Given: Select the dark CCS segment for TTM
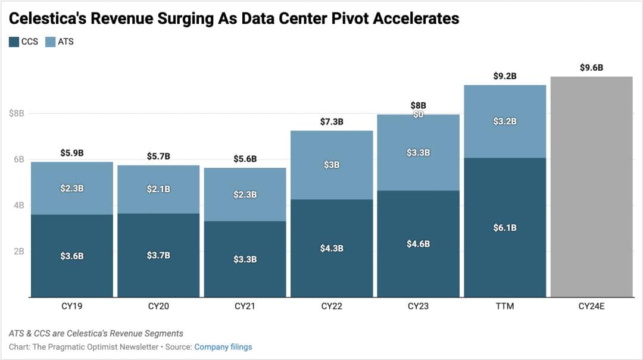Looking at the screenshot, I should tap(505, 227).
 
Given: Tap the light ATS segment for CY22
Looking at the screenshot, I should tap(332, 165).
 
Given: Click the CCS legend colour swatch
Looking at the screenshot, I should tap(14, 42).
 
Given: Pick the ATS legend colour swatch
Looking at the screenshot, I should tap(50, 42).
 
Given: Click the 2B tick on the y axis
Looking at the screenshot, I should tap(18, 251).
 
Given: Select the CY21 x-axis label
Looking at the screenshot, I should tap(245, 307).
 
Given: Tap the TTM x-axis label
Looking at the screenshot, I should tap(505, 307).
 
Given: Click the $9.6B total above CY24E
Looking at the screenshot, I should tap(591, 68).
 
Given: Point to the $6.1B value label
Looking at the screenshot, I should tap(505, 228).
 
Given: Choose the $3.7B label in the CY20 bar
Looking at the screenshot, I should tap(158, 255).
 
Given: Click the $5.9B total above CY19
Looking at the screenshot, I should tap(72, 154).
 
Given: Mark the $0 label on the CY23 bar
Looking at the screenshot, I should tap(418, 115).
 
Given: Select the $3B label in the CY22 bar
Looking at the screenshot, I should tap(332, 165).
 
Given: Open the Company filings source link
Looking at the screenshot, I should tap(223, 347).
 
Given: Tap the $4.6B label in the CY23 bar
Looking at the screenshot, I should tap(418, 244).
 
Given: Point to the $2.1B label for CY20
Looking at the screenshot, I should tap(158, 189).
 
